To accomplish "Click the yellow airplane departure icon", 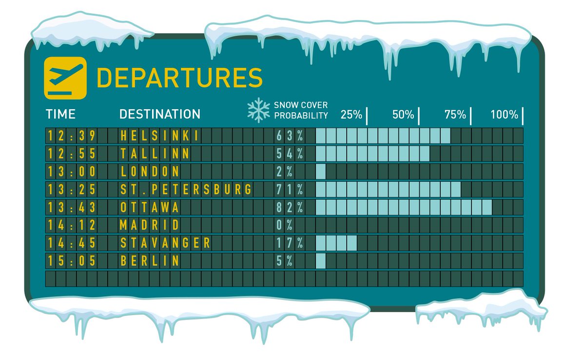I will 65,78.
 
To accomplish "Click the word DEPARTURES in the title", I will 179,78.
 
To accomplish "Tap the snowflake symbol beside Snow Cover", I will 258,110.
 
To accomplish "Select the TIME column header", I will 60,114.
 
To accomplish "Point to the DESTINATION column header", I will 159,114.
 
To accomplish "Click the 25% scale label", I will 351,115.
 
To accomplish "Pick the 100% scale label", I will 504,115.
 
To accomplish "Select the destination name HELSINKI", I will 159,136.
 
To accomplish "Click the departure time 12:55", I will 71,154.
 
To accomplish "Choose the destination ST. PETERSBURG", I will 186,189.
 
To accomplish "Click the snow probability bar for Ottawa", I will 404,207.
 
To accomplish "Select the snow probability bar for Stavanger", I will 336,242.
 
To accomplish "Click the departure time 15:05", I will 71,260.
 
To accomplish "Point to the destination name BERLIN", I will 149,260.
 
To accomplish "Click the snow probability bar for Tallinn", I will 372,154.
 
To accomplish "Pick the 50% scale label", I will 403,115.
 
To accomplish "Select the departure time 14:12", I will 71,225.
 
